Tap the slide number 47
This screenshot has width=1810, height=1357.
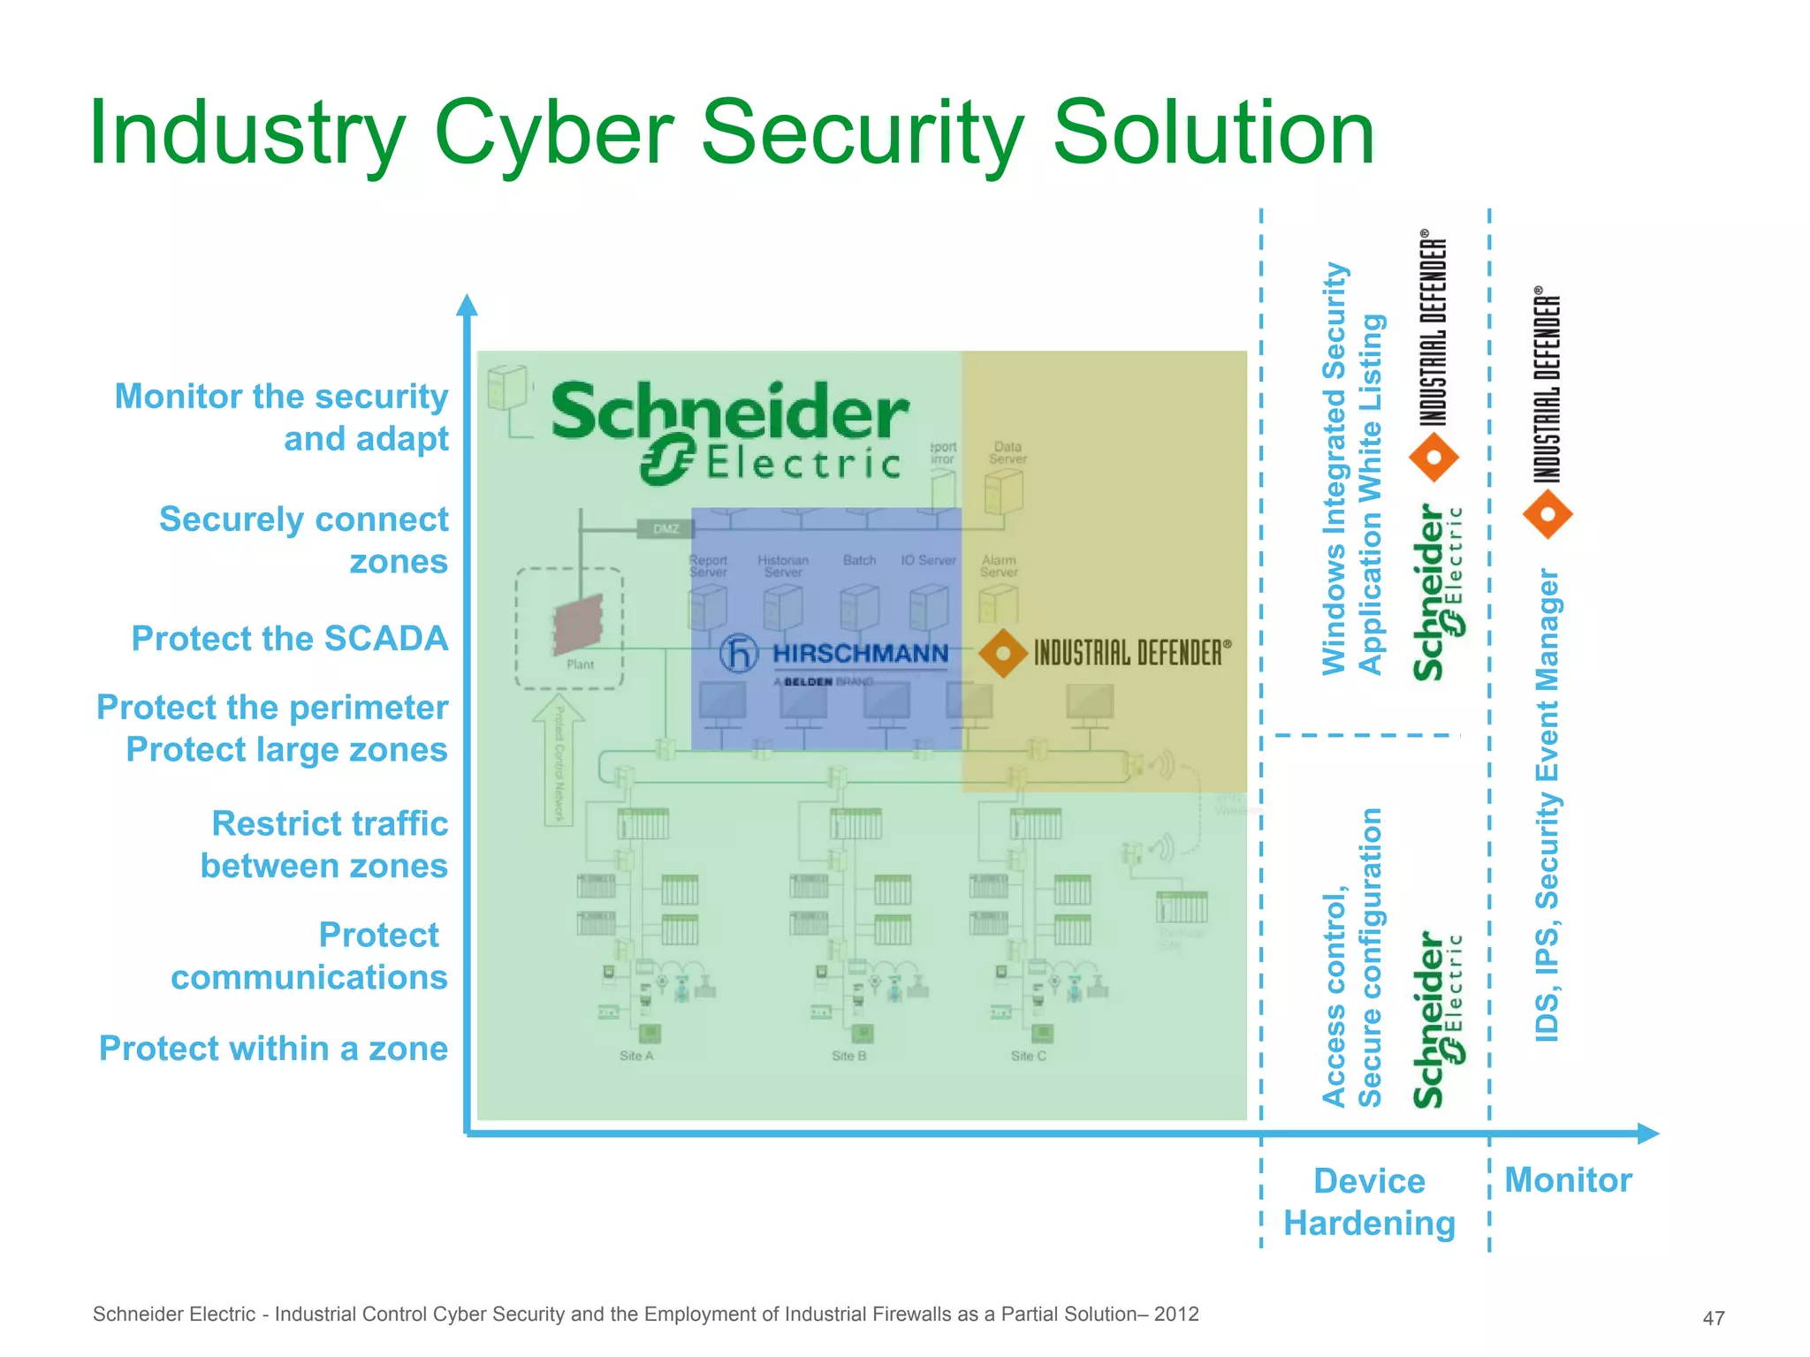tap(1713, 1318)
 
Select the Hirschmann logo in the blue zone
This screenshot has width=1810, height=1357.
tap(834, 655)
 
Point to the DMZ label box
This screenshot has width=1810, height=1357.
tap(665, 529)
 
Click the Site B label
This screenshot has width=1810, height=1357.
tap(848, 1056)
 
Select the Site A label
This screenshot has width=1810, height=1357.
tap(636, 1056)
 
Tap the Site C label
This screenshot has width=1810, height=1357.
tap(1028, 1056)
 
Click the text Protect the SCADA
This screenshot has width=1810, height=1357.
tap(290, 638)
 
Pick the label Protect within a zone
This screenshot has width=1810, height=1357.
tap(273, 1048)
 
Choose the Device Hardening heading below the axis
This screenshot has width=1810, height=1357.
tap(1369, 1202)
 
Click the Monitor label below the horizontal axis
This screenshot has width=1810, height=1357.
tap(1568, 1180)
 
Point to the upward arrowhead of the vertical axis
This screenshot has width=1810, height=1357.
tap(468, 305)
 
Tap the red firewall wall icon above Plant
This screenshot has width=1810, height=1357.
tap(578, 624)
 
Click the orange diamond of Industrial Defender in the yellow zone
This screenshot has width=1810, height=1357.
tap(1003, 654)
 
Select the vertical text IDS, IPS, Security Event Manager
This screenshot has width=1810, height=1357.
tap(1547, 804)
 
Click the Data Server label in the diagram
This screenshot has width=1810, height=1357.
tap(1007, 452)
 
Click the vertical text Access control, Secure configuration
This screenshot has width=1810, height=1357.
tap(1351, 957)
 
